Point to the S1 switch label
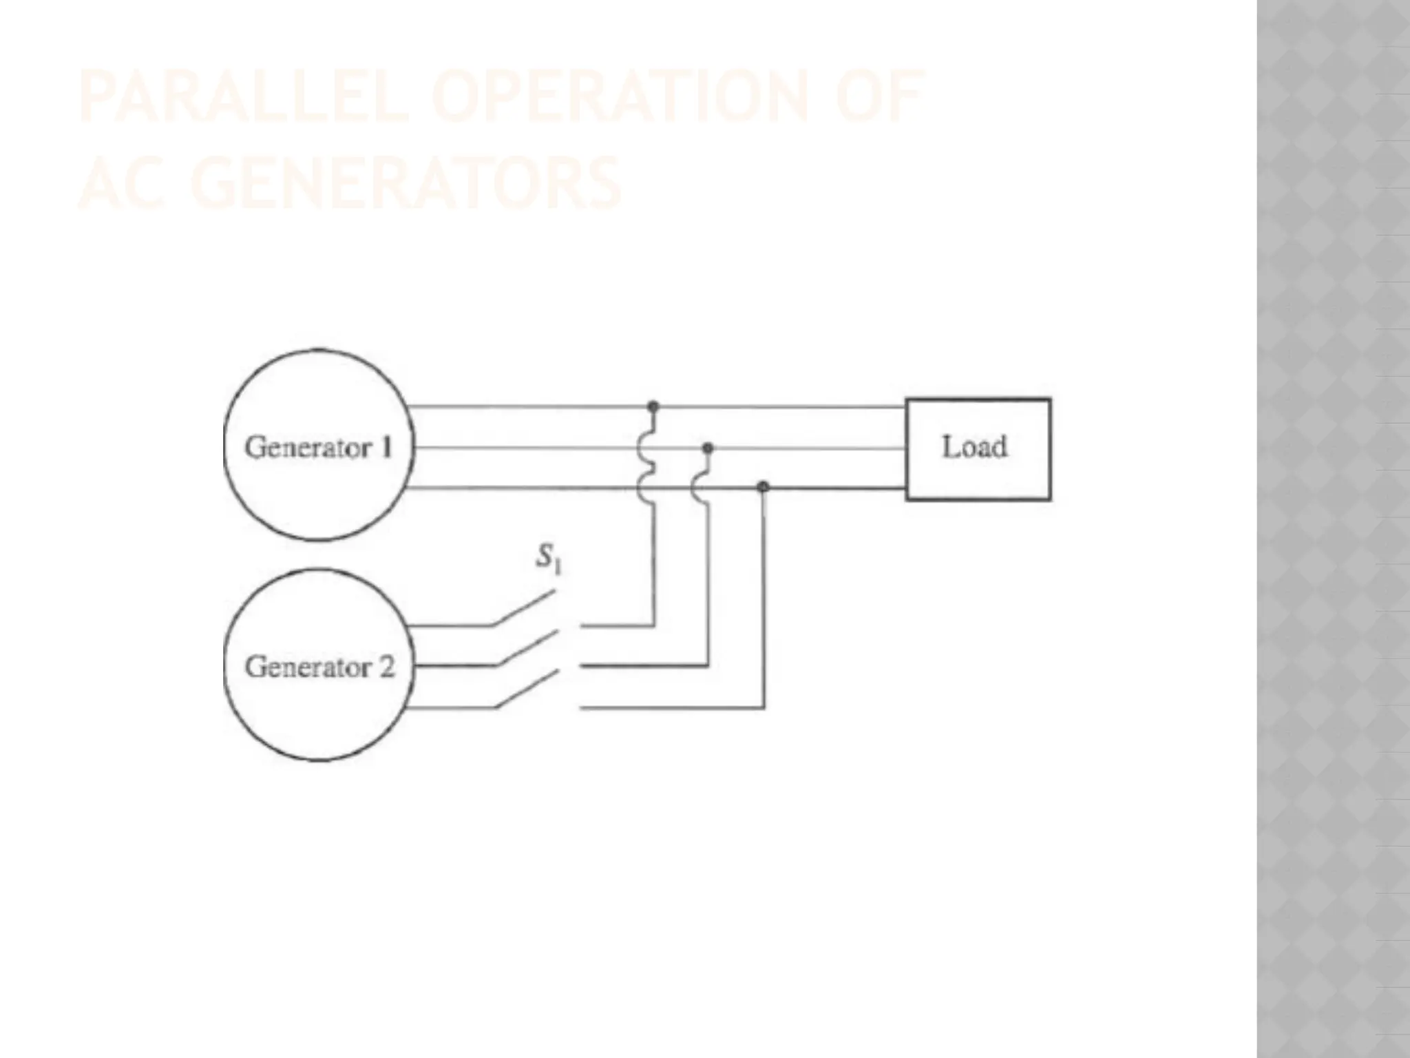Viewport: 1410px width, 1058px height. tap(549, 559)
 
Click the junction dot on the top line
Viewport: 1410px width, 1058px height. tap(653, 406)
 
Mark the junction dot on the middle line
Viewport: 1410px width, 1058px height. tap(707, 448)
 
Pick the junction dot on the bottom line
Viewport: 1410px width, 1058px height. tap(763, 488)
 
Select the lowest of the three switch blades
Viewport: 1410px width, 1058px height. tap(527, 689)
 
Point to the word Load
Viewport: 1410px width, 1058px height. tap(974, 447)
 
